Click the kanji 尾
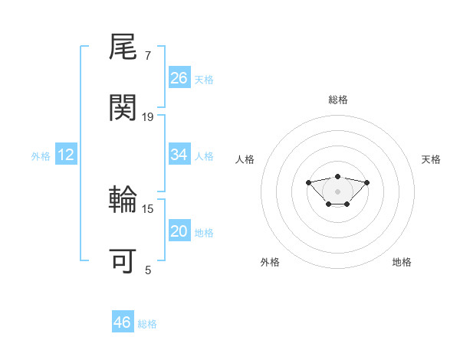[x=123, y=49]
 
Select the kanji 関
[x=123, y=109]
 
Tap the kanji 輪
[x=123, y=201]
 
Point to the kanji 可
[x=123, y=261]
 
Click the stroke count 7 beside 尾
[x=148, y=56]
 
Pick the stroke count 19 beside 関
[x=148, y=116]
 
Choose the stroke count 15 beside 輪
[x=148, y=208]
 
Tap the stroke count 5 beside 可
[x=148, y=270]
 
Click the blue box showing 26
[x=179, y=78]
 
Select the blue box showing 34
[x=179, y=155]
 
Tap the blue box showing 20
[x=179, y=231]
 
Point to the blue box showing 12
[x=66, y=155]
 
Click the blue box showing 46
[x=123, y=322]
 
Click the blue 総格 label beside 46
[x=147, y=324]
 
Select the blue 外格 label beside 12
[x=41, y=156]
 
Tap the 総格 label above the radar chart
[x=338, y=100]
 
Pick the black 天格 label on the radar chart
[x=432, y=159]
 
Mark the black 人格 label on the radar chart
[x=245, y=159]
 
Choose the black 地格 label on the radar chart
[x=402, y=262]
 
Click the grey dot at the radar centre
[x=337, y=191]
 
